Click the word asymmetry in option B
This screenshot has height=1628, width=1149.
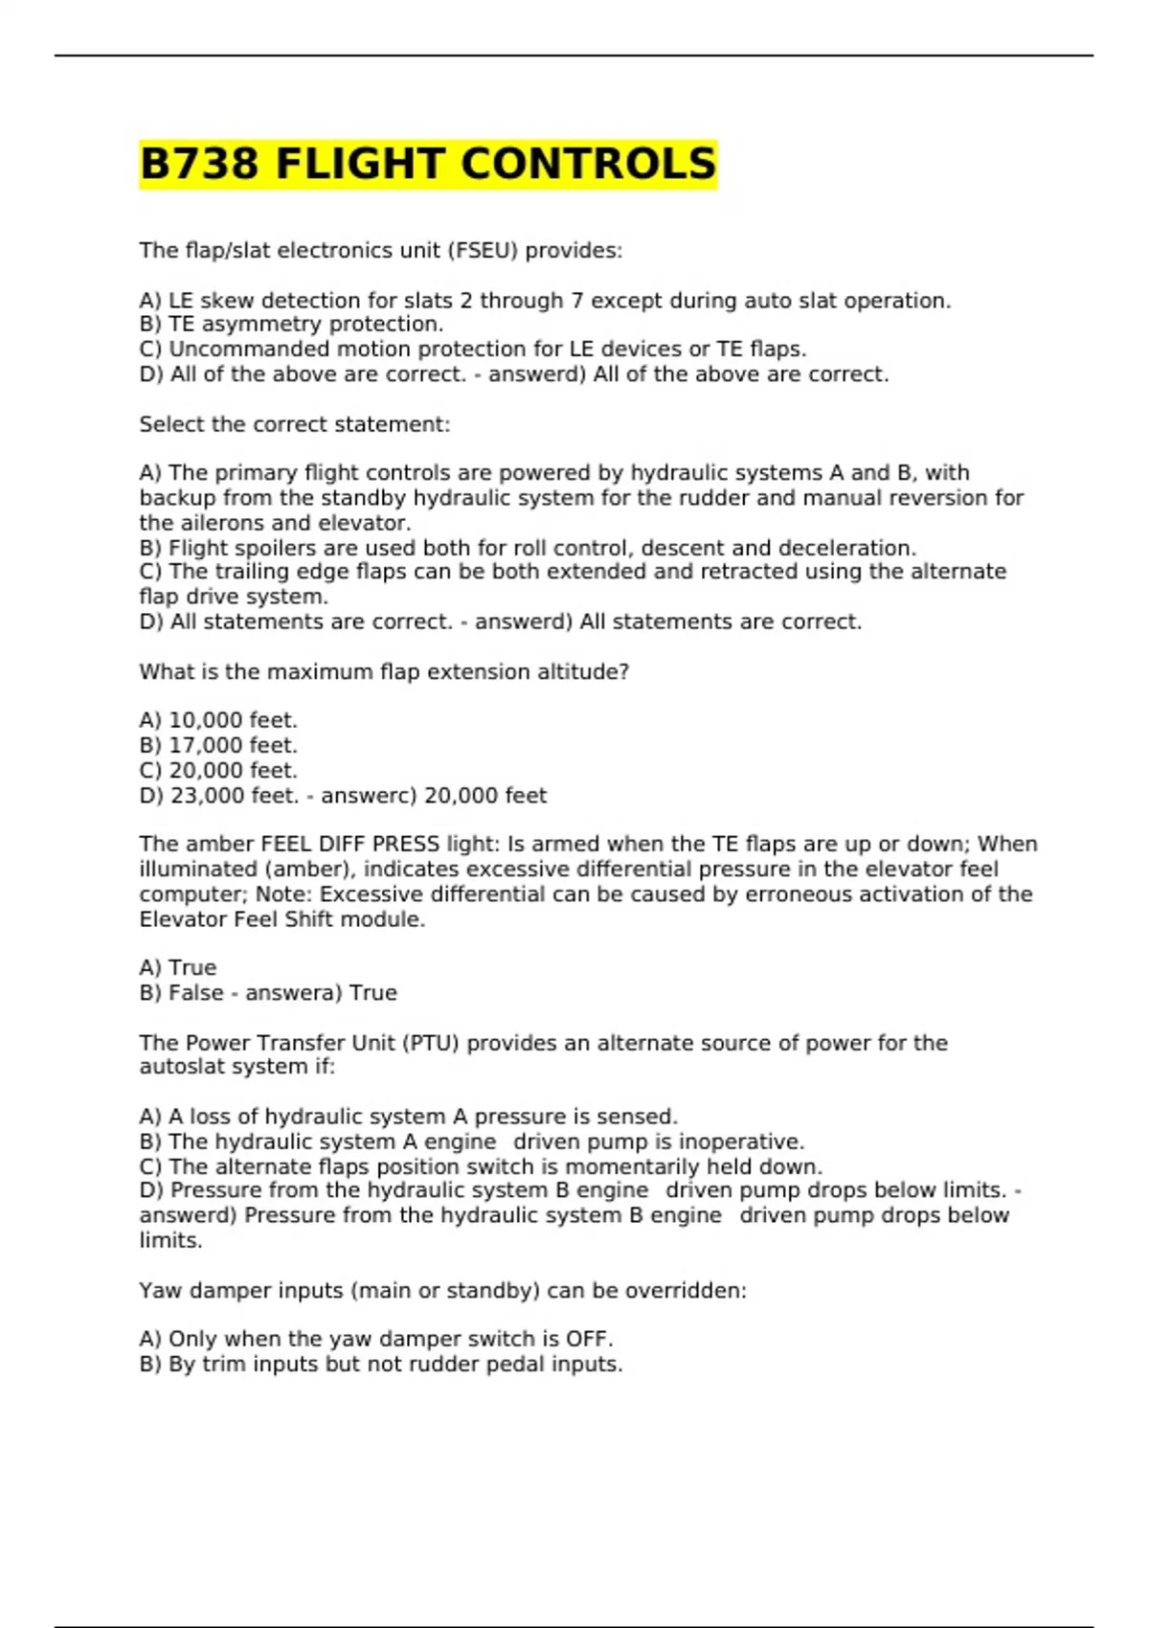coord(259,325)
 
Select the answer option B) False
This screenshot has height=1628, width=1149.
coord(182,993)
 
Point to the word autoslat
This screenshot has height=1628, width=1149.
coord(177,1067)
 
